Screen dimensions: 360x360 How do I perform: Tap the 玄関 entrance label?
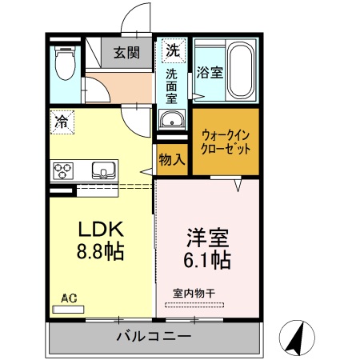click(126, 53)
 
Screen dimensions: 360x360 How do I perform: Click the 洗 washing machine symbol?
click(171, 50)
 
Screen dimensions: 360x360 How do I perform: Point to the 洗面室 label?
click(171, 86)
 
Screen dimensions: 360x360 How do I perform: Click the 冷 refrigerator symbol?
click(61, 122)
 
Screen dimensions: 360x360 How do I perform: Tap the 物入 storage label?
click(171, 159)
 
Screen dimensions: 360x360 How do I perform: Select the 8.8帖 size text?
click(99, 253)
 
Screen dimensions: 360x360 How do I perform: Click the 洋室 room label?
click(208, 238)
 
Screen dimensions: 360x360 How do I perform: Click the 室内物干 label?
click(194, 294)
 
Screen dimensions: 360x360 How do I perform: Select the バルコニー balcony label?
click(154, 336)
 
